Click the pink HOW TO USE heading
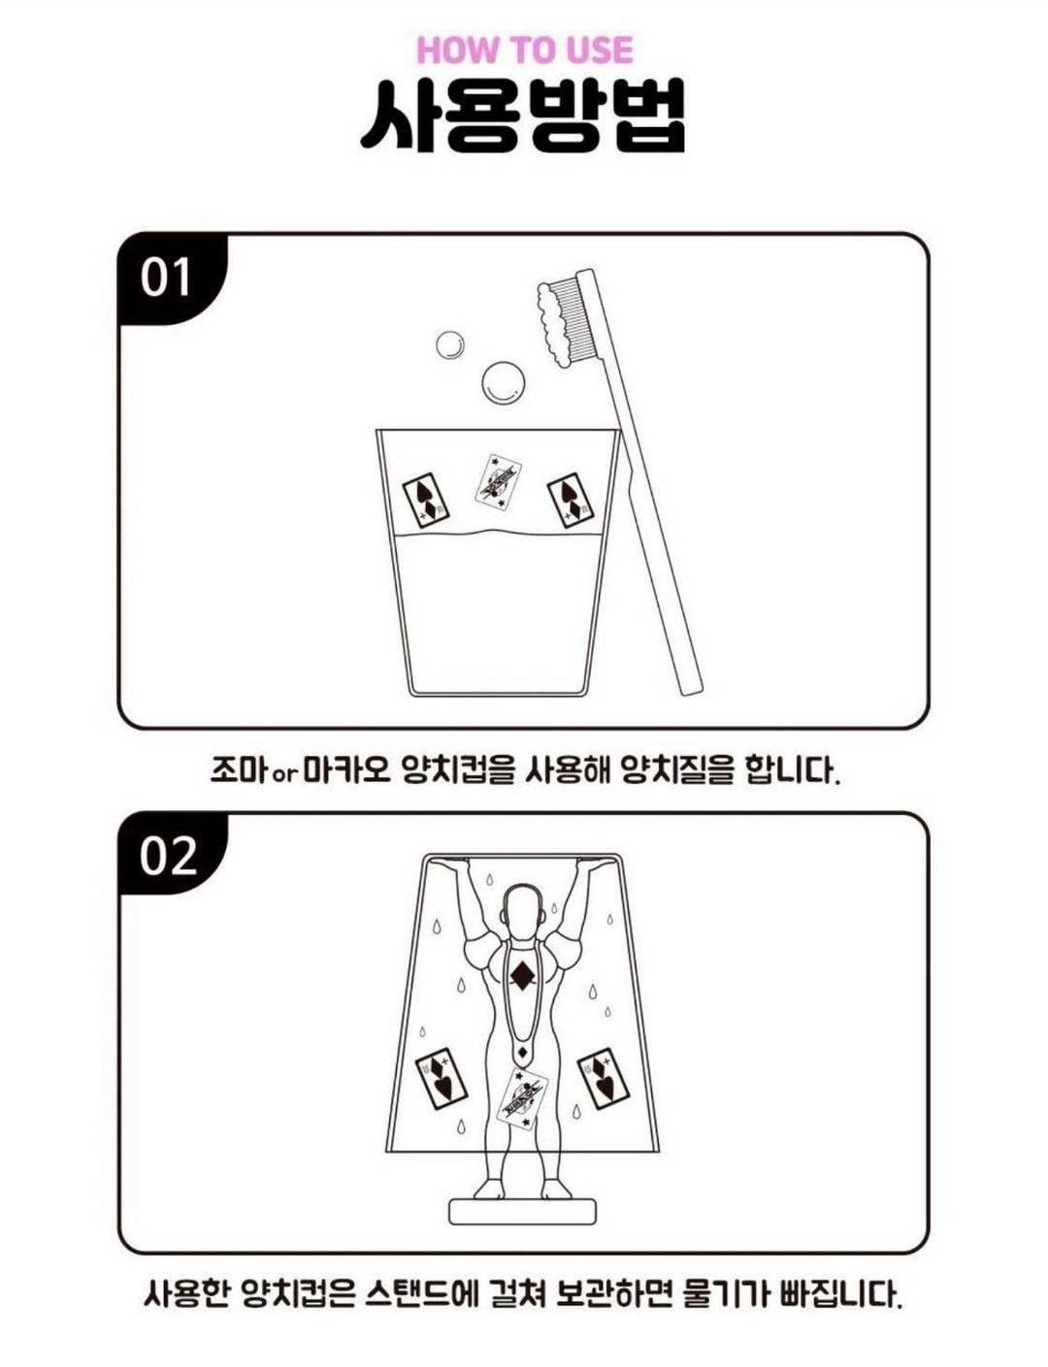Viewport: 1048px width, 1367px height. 525,50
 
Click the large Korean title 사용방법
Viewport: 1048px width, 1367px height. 522,117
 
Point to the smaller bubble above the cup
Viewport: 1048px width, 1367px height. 451,345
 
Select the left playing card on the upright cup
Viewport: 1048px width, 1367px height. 427,499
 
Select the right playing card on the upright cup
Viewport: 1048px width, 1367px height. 571,499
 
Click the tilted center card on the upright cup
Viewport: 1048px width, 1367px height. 499,481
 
